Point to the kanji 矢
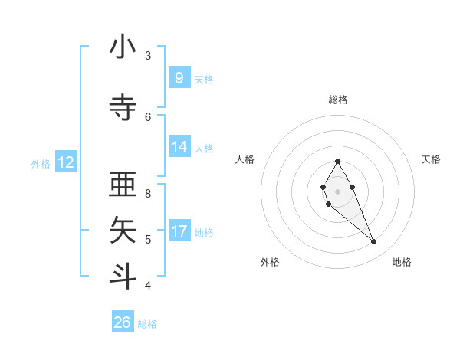(x=123, y=231)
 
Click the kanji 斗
(x=123, y=276)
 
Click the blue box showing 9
(x=179, y=77)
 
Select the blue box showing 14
(x=179, y=147)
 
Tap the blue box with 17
(x=179, y=231)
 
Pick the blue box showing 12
(x=66, y=162)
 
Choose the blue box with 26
(x=123, y=322)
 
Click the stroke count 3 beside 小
(x=148, y=56)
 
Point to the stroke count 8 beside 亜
(x=148, y=194)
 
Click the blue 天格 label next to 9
(x=204, y=79)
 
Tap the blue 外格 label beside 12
(x=41, y=163)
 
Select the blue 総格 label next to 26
(x=147, y=324)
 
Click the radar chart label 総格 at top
(x=337, y=100)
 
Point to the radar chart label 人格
(x=245, y=159)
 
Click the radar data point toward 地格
(x=373, y=242)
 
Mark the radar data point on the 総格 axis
(x=337, y=161)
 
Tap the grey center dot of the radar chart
(x=337, y=191)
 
